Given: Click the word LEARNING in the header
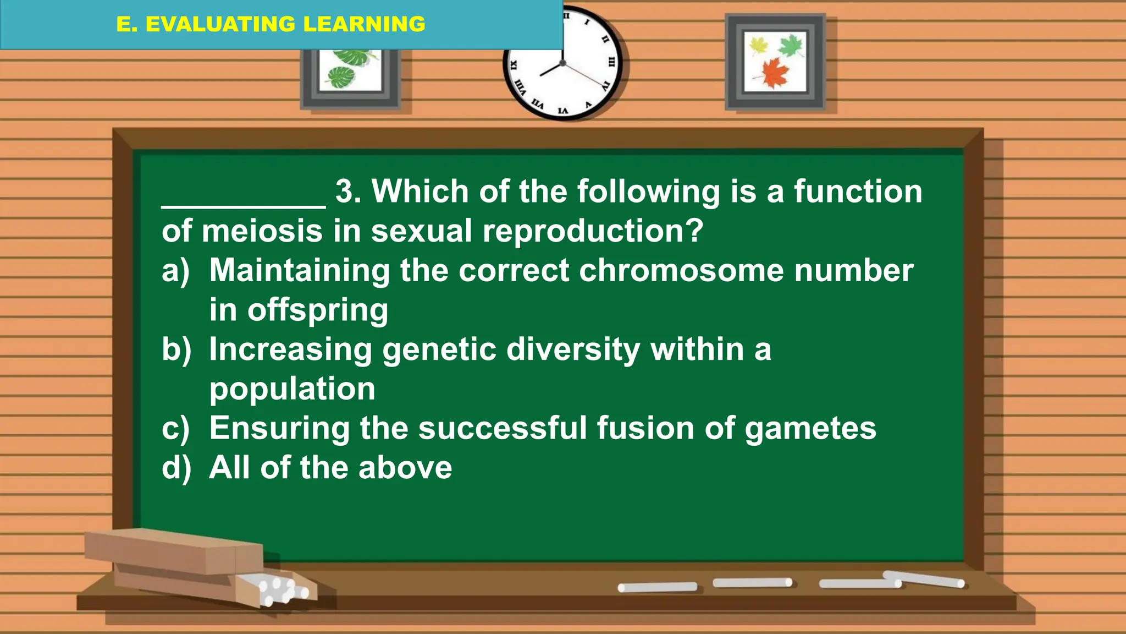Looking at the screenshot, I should click(364, 24).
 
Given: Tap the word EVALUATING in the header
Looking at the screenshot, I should click(220, 24).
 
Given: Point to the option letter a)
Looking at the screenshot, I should click(175, 271).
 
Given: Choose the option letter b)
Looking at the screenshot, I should click(176, 349).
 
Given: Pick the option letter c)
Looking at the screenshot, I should click(175, 429).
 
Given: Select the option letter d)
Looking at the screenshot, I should click(176, 468).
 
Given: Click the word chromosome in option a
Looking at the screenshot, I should click(681, 271).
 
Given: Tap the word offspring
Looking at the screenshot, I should click(318, 311).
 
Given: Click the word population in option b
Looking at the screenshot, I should click(292, 389).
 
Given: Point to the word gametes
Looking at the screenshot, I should click(810, 429).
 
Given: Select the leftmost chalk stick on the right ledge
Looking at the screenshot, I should click(657, 587).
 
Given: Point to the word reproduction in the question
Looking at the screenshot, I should click(593, 231).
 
